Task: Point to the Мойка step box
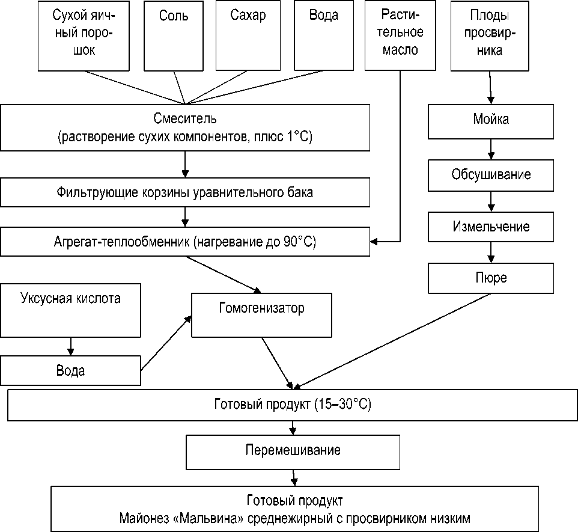pos(491,119)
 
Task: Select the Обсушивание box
pos(491,175)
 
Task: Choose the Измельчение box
pos(491,227)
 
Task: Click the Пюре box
pos(491,278)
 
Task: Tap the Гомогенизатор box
pos(261,315)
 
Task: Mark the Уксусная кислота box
pos(70,310)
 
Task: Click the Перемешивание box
pos(293,451)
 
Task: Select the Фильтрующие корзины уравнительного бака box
pos(184,193)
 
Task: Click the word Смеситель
pos(185,118)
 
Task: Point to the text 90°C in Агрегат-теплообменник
pos(299,243)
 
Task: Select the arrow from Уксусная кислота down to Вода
pos(71,346)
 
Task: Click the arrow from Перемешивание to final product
pos(293,477)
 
